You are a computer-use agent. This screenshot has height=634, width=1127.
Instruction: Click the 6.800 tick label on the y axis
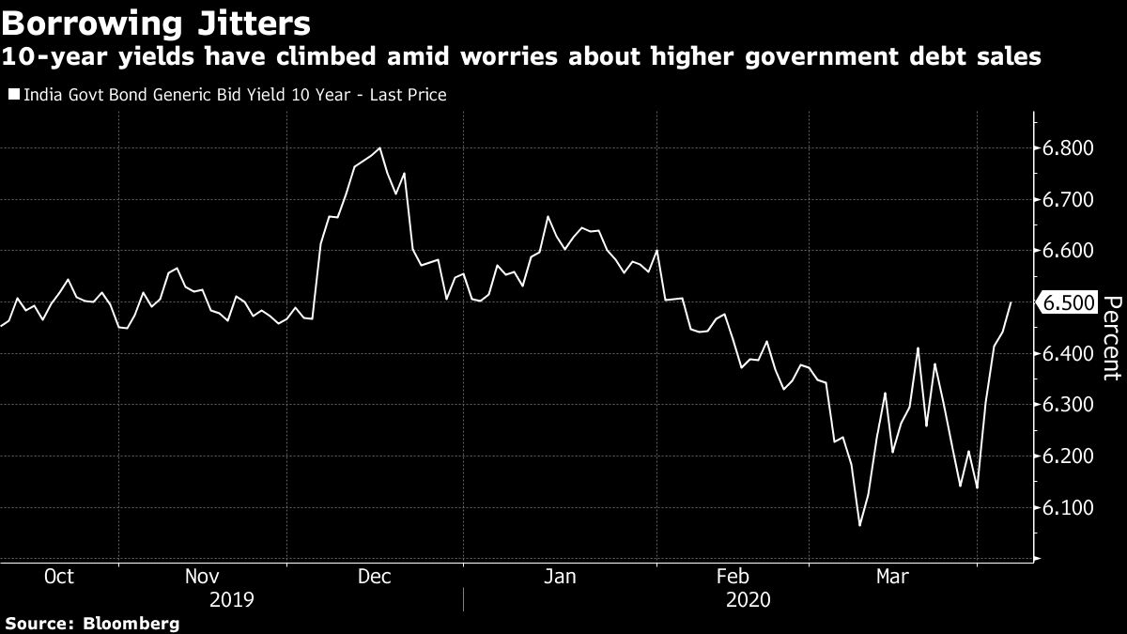(1067, 148)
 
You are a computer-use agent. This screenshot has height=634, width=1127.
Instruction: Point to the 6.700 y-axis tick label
(1067, 200)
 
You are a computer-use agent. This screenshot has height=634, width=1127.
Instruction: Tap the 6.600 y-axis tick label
(1067, 251)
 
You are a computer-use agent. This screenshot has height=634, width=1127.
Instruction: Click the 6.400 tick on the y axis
(1067, 354)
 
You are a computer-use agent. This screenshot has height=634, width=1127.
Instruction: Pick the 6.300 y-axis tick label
(1067, 405)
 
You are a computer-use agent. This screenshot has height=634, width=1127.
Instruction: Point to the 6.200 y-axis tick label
(1067, 456)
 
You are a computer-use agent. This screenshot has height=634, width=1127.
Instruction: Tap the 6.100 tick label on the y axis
(1067, 508)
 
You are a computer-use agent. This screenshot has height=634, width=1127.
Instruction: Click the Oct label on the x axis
(59, 576)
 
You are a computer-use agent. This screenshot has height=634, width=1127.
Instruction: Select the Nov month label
(204, 576)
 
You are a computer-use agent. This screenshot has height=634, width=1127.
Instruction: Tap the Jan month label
(560, 576)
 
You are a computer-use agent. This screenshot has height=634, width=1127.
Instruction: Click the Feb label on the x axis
(733, 576)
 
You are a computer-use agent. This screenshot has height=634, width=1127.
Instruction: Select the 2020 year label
(748, 598)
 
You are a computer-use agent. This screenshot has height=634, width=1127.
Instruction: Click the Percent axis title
(1111, 338)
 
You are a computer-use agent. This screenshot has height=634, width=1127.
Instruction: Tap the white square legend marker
(12, 95)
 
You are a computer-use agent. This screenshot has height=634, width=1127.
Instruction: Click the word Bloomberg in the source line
(131, 623)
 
